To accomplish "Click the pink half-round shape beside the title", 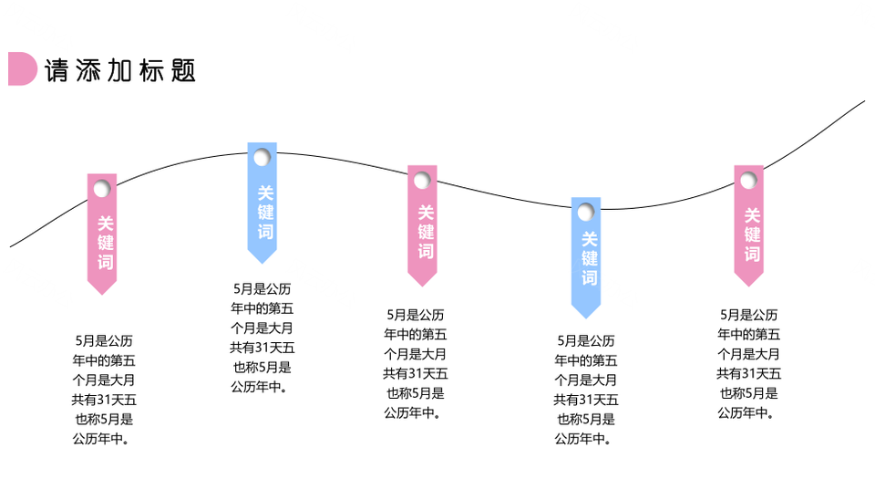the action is (22, 68).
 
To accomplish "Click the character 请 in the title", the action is (57, 71).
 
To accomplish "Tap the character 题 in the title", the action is (183, 71).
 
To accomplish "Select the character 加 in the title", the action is (119, 71).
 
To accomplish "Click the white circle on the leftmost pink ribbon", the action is (102, 189).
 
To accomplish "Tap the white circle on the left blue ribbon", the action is (262, 158).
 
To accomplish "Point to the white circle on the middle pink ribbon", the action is (422, 181).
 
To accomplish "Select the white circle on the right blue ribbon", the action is (586, 213).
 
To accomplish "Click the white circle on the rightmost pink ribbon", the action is (748, 181).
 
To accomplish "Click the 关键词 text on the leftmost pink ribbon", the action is (106, 243).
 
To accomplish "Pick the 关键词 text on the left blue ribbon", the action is (265, 213).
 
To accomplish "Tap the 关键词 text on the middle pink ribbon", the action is (426, 232).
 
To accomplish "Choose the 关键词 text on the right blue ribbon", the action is (590, 258).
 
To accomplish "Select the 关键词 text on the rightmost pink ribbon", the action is (752, 234).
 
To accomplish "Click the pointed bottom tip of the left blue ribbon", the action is (262, 263).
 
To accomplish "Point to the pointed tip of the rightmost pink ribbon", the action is (748, 286).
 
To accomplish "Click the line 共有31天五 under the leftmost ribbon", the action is (104, 400).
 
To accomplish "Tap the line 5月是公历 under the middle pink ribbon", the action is (416, 315).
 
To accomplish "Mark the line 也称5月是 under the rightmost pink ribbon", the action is (749, 393).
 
